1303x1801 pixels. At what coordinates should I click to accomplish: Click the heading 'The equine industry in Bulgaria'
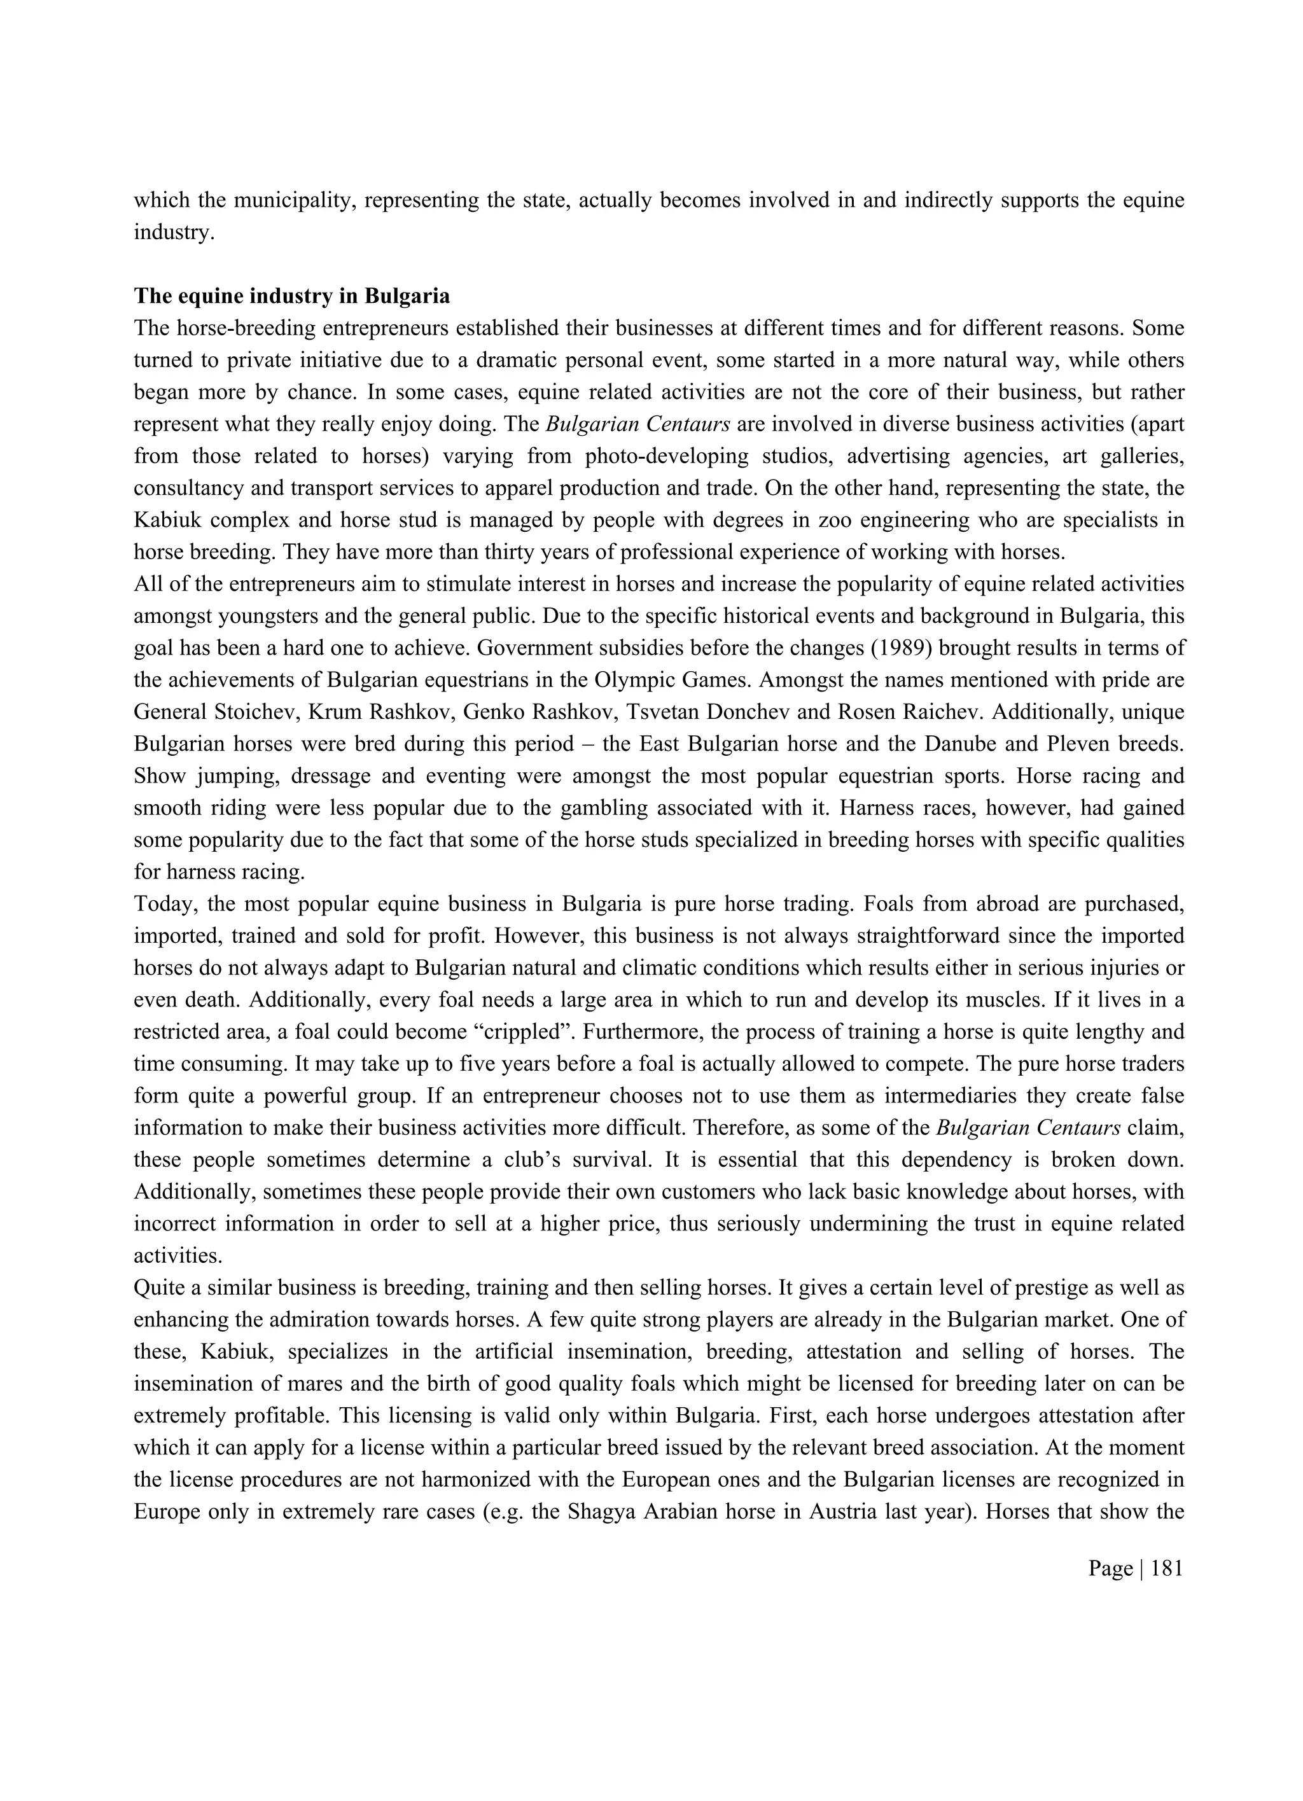coord(291,296)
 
